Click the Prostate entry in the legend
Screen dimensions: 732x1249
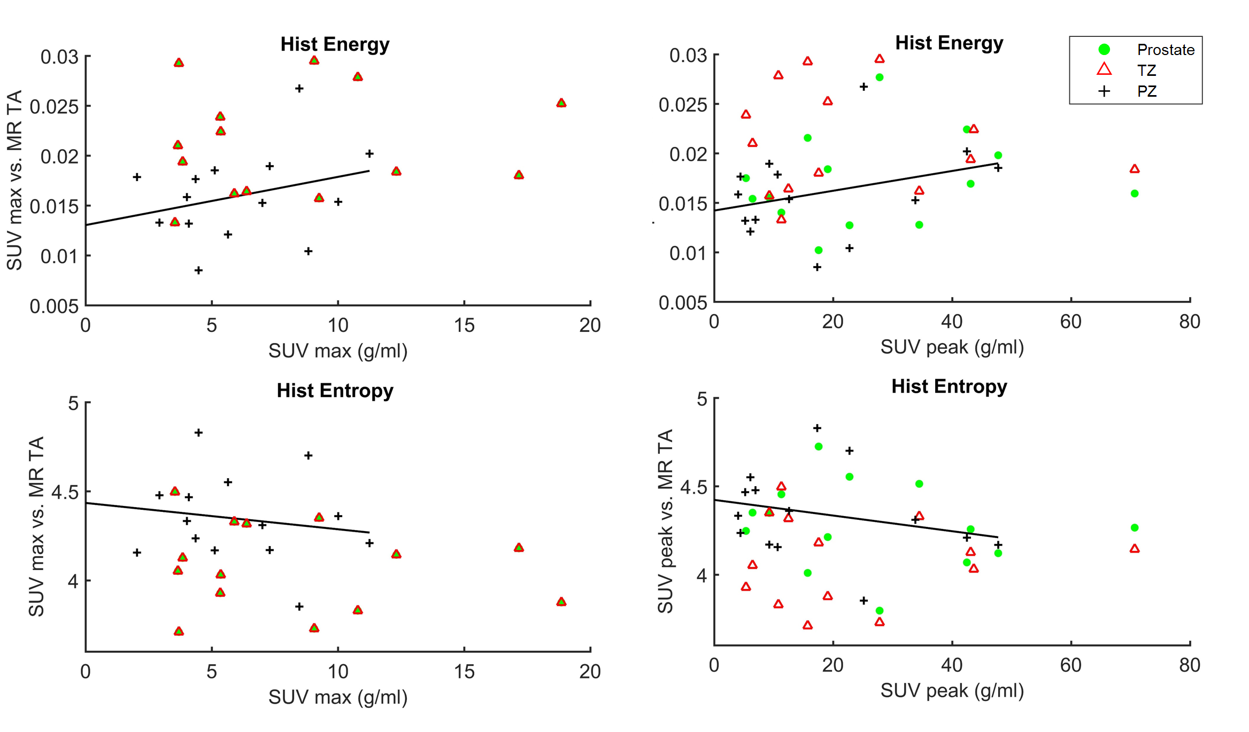tap(1165, 50)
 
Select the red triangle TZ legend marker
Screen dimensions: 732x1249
tap(1104, 69)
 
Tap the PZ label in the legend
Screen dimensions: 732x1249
tap(1147, 91)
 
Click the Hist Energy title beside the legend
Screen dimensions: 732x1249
tap(949, 43)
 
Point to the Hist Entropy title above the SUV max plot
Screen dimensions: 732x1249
tap(335, 391)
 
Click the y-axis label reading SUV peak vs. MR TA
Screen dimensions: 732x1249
tap(665, 521)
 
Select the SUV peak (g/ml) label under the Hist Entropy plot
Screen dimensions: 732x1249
tap(952, 690)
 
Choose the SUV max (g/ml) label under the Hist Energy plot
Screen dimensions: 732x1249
tap(338, 351)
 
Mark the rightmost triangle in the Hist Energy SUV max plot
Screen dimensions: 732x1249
tap(561, 103)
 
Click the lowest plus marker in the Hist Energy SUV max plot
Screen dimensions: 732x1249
tap(198, 270)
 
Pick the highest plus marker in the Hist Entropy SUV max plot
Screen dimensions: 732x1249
tap(198, 432)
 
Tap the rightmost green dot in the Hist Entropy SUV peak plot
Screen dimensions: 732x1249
tap(1135, 528)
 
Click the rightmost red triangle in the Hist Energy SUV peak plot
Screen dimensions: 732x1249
tap(1135, 169)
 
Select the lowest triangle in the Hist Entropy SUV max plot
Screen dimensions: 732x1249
tap(179, 632)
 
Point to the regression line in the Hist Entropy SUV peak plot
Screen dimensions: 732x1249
tap(855, 518)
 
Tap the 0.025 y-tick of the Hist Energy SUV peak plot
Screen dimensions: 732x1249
tap(683, 105)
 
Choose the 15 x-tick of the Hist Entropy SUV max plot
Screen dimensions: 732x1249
tap(464, 671)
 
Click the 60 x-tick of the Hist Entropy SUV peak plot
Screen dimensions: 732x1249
tap(1071, 665)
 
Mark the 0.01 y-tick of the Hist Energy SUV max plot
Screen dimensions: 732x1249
tap(59, 256)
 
